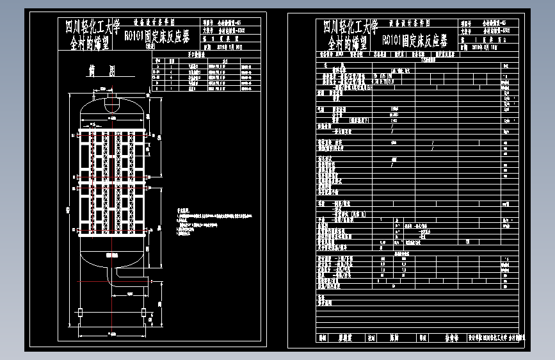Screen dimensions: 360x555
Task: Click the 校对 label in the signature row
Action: [x=372, y=337]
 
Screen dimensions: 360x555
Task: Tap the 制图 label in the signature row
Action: [x=323, y=337]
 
